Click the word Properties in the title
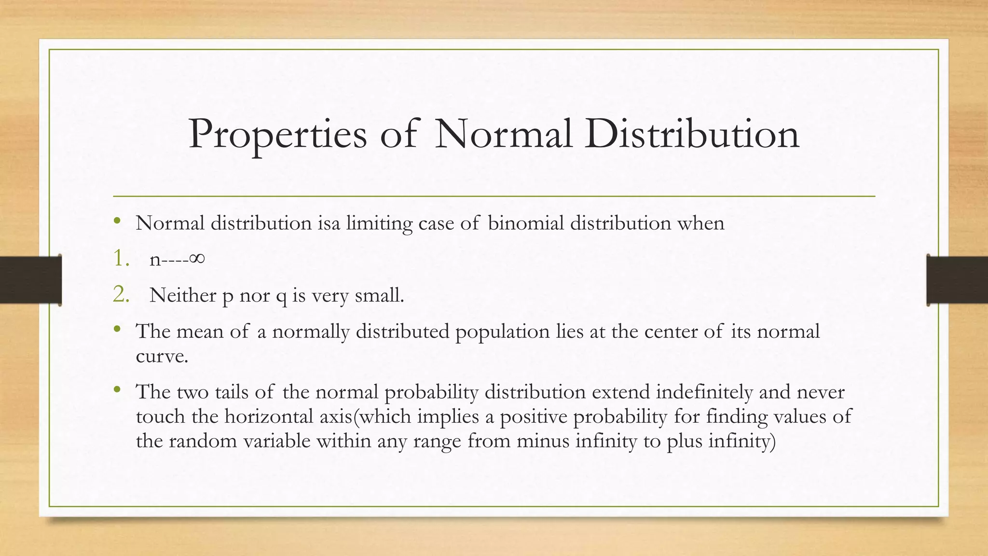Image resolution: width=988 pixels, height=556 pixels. point(277,135)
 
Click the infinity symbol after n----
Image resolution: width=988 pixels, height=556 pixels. point(197,259)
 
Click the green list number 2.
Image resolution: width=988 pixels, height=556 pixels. point(121,294)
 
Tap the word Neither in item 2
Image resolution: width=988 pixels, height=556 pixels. point(183,295)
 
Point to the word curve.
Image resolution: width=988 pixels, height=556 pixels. point(161,357)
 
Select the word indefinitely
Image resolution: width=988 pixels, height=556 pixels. point(704,392)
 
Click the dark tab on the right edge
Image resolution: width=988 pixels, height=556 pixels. point(957,280)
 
